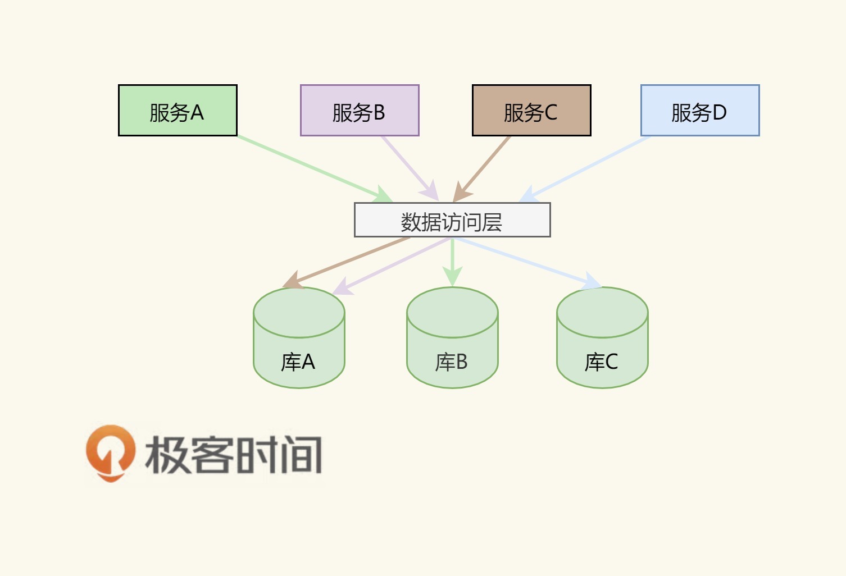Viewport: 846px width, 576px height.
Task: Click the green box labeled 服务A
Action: (x=178, y=111)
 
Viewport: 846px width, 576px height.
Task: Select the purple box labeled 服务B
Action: (x=360, y=111)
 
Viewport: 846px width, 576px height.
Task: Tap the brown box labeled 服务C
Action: (x=531, y=111)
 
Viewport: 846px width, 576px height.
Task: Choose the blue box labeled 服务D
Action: (x=700, y=111)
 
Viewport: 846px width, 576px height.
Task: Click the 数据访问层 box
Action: (x=452, y=220)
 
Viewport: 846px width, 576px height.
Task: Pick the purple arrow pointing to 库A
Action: (x=393, y=266)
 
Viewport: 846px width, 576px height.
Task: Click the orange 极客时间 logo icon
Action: (x=110, y=452)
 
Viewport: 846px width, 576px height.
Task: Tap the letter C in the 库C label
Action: (x=611, y=362)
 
